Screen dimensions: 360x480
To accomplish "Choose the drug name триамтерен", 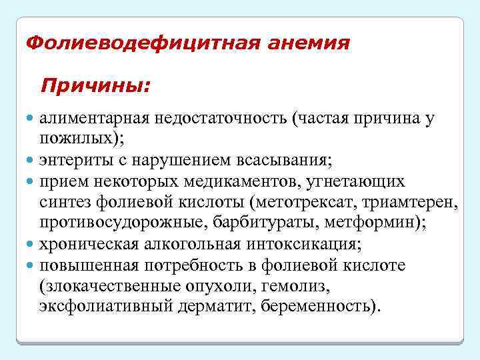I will pos(415,203).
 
